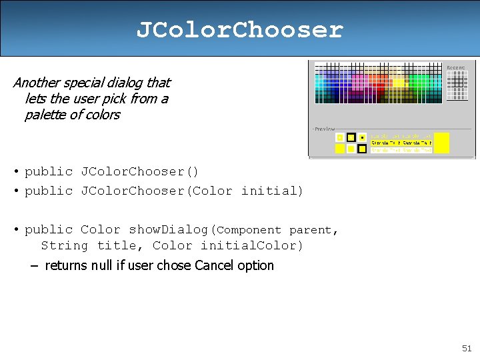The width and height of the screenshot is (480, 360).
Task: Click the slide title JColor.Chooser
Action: pyautogui.click(x=239, y=30)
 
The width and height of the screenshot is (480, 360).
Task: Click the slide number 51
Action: pyautogui.click(x=467, y=348)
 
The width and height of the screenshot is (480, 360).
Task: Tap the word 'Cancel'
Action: pyautogui.click(x=216, y=265)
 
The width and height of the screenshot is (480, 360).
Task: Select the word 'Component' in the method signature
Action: pyautogui.click(x=250, y=230)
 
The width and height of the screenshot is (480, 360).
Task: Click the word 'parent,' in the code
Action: pyautogui.click(x=314, y=230)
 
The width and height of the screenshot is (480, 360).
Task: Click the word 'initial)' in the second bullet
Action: pyautogui.click(x=272, y=191)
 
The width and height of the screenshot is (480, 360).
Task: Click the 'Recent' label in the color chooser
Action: pyautogui.click(x=456, y=67)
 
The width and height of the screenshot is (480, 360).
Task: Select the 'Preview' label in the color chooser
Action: pyautogui.click(x=325, y=129)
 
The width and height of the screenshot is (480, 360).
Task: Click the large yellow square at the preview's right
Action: pyautogui.click(x=441, y=143)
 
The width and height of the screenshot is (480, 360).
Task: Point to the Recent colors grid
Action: pyautogui.click(x=457, y=85)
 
